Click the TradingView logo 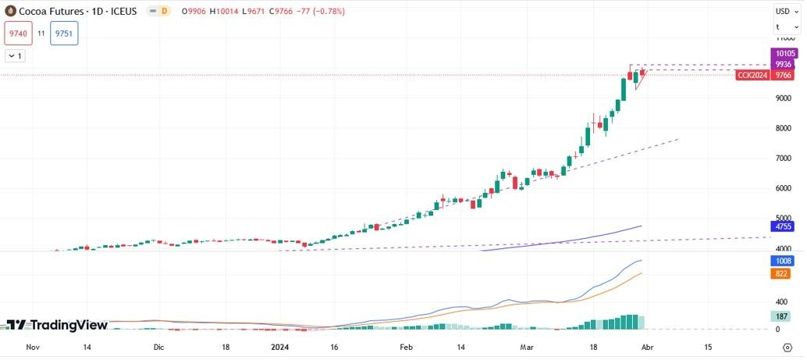pyautogui.click(x=57, y=325)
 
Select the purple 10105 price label pyautogui.click(x=783, y=53)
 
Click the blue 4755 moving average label pyautogui.click(x=783, y=226)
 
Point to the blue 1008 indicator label pyautogui.click(x=783, y=261)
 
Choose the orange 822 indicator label pyautogui.click(x=782, y=273)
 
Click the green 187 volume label pyautogui.click(x=782, y=316)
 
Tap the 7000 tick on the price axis pyautogui.click(x=784, y=158)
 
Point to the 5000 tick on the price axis pyautogui.click(x=784, y=218)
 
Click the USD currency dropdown pyautogui.click(x=784, y=11)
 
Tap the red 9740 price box pyautogui.click(x=18, y=34)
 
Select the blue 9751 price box pyautogui.click(x=64, y=34)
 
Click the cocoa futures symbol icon pyautogui.click(x=9, y=12)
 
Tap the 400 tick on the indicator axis pyautogui.click(x=780, y=301)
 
